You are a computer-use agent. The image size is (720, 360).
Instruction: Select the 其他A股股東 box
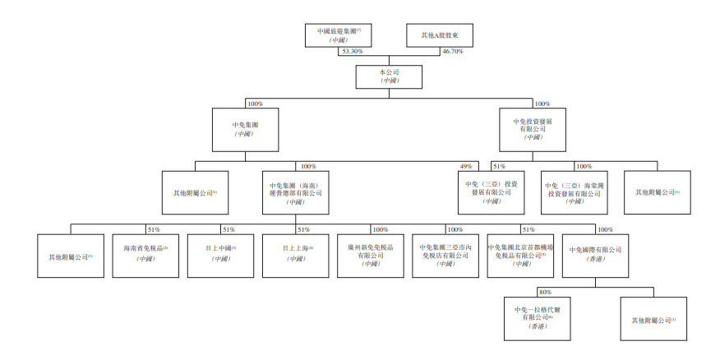(x=436, y=35)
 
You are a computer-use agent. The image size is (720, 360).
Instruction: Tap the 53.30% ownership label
(x=351, y=52)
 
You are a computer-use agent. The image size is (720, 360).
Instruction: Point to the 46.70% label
(x=453, y=52)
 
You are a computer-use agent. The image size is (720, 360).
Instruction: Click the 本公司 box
(x=389, y=76)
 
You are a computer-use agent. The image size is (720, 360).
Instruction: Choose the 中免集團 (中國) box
(x=244, y=129)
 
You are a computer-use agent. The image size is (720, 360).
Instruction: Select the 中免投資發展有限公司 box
(x=533, y=129)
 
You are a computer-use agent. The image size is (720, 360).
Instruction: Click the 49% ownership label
(x=465, y=166)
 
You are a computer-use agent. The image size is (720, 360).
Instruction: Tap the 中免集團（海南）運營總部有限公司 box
(x=296, y=192)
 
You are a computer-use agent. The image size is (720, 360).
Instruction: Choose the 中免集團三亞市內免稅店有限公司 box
(x=445, y=255)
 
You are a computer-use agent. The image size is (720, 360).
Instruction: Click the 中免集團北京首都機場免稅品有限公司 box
(x=520, y=255)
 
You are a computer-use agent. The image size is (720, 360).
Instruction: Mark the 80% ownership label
(x=544, y=292)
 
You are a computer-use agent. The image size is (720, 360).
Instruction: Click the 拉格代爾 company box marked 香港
(x=536, y=316)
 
